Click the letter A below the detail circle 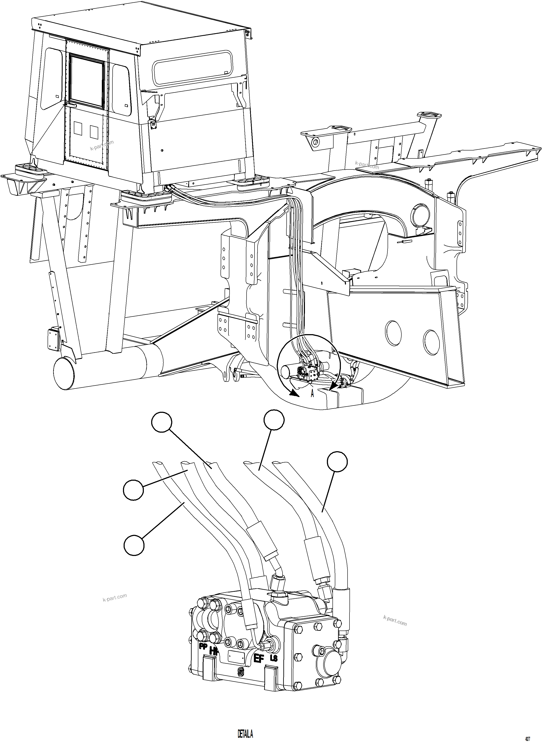click(x=312, y=393)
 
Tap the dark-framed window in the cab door click(x=86, y=81)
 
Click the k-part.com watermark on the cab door click(x=102, y=145)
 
